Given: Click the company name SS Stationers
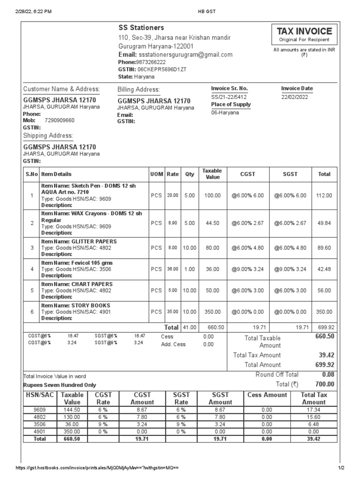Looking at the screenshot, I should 141,28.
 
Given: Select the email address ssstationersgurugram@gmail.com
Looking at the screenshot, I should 186,54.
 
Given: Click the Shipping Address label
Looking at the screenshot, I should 48,136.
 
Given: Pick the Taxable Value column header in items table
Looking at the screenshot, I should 212,174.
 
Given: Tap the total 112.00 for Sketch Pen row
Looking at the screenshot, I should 324,195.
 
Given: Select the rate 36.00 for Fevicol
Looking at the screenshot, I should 172,269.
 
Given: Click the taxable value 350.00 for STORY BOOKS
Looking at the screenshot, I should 212,312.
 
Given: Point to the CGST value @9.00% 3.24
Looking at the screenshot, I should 247,269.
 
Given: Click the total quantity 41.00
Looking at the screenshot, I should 189,327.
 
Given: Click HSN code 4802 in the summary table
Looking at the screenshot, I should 40,417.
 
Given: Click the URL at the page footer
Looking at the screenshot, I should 97,468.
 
